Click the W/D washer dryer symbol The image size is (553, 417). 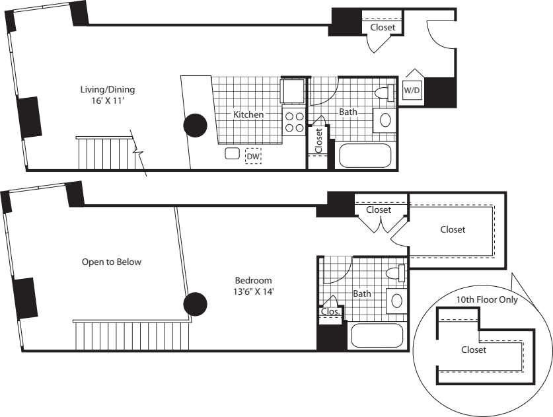(412, 89)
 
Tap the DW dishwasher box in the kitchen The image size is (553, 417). (253, 156)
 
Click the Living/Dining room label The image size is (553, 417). (108, 89)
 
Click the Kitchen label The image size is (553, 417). (248, 114)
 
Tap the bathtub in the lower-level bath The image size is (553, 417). (365, 156)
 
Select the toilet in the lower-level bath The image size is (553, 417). (383, 93)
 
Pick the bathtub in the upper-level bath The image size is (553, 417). (377, 335)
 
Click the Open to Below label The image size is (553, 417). (112, 262)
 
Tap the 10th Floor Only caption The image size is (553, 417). (488, 299)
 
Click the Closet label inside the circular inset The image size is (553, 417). (473, 350)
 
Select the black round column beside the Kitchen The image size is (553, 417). (195, 125)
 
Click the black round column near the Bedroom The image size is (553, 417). (195, 304)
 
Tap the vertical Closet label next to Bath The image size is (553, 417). (319, 141)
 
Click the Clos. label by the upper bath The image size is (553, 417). (330, 311)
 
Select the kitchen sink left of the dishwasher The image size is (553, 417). (232, 154)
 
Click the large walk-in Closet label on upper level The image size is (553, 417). (453, 230)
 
